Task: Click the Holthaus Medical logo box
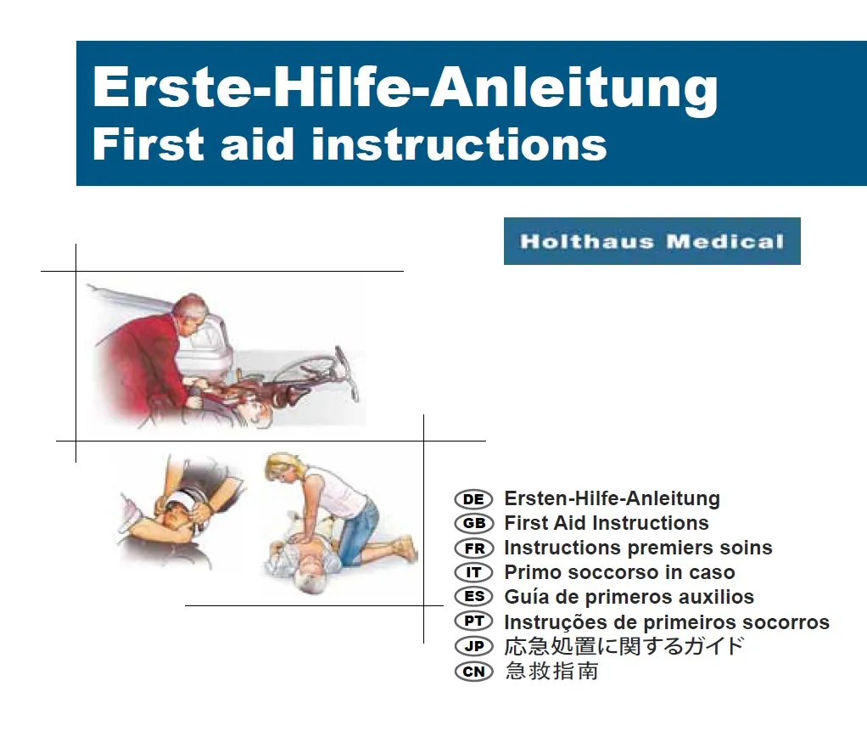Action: [652, 241]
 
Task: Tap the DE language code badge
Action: [473, 499]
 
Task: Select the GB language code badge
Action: [473, 523]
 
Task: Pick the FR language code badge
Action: [473, 548]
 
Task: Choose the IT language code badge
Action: [473, 572]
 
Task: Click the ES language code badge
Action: [473, 596]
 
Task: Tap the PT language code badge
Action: [473, 621]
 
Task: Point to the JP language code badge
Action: [473, 646]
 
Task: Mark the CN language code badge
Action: [473, 672]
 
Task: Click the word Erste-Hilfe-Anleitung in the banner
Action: [406, 88]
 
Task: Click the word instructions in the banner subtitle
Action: [459, 144]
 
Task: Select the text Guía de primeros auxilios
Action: [629, 598]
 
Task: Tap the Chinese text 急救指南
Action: [551, 671]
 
